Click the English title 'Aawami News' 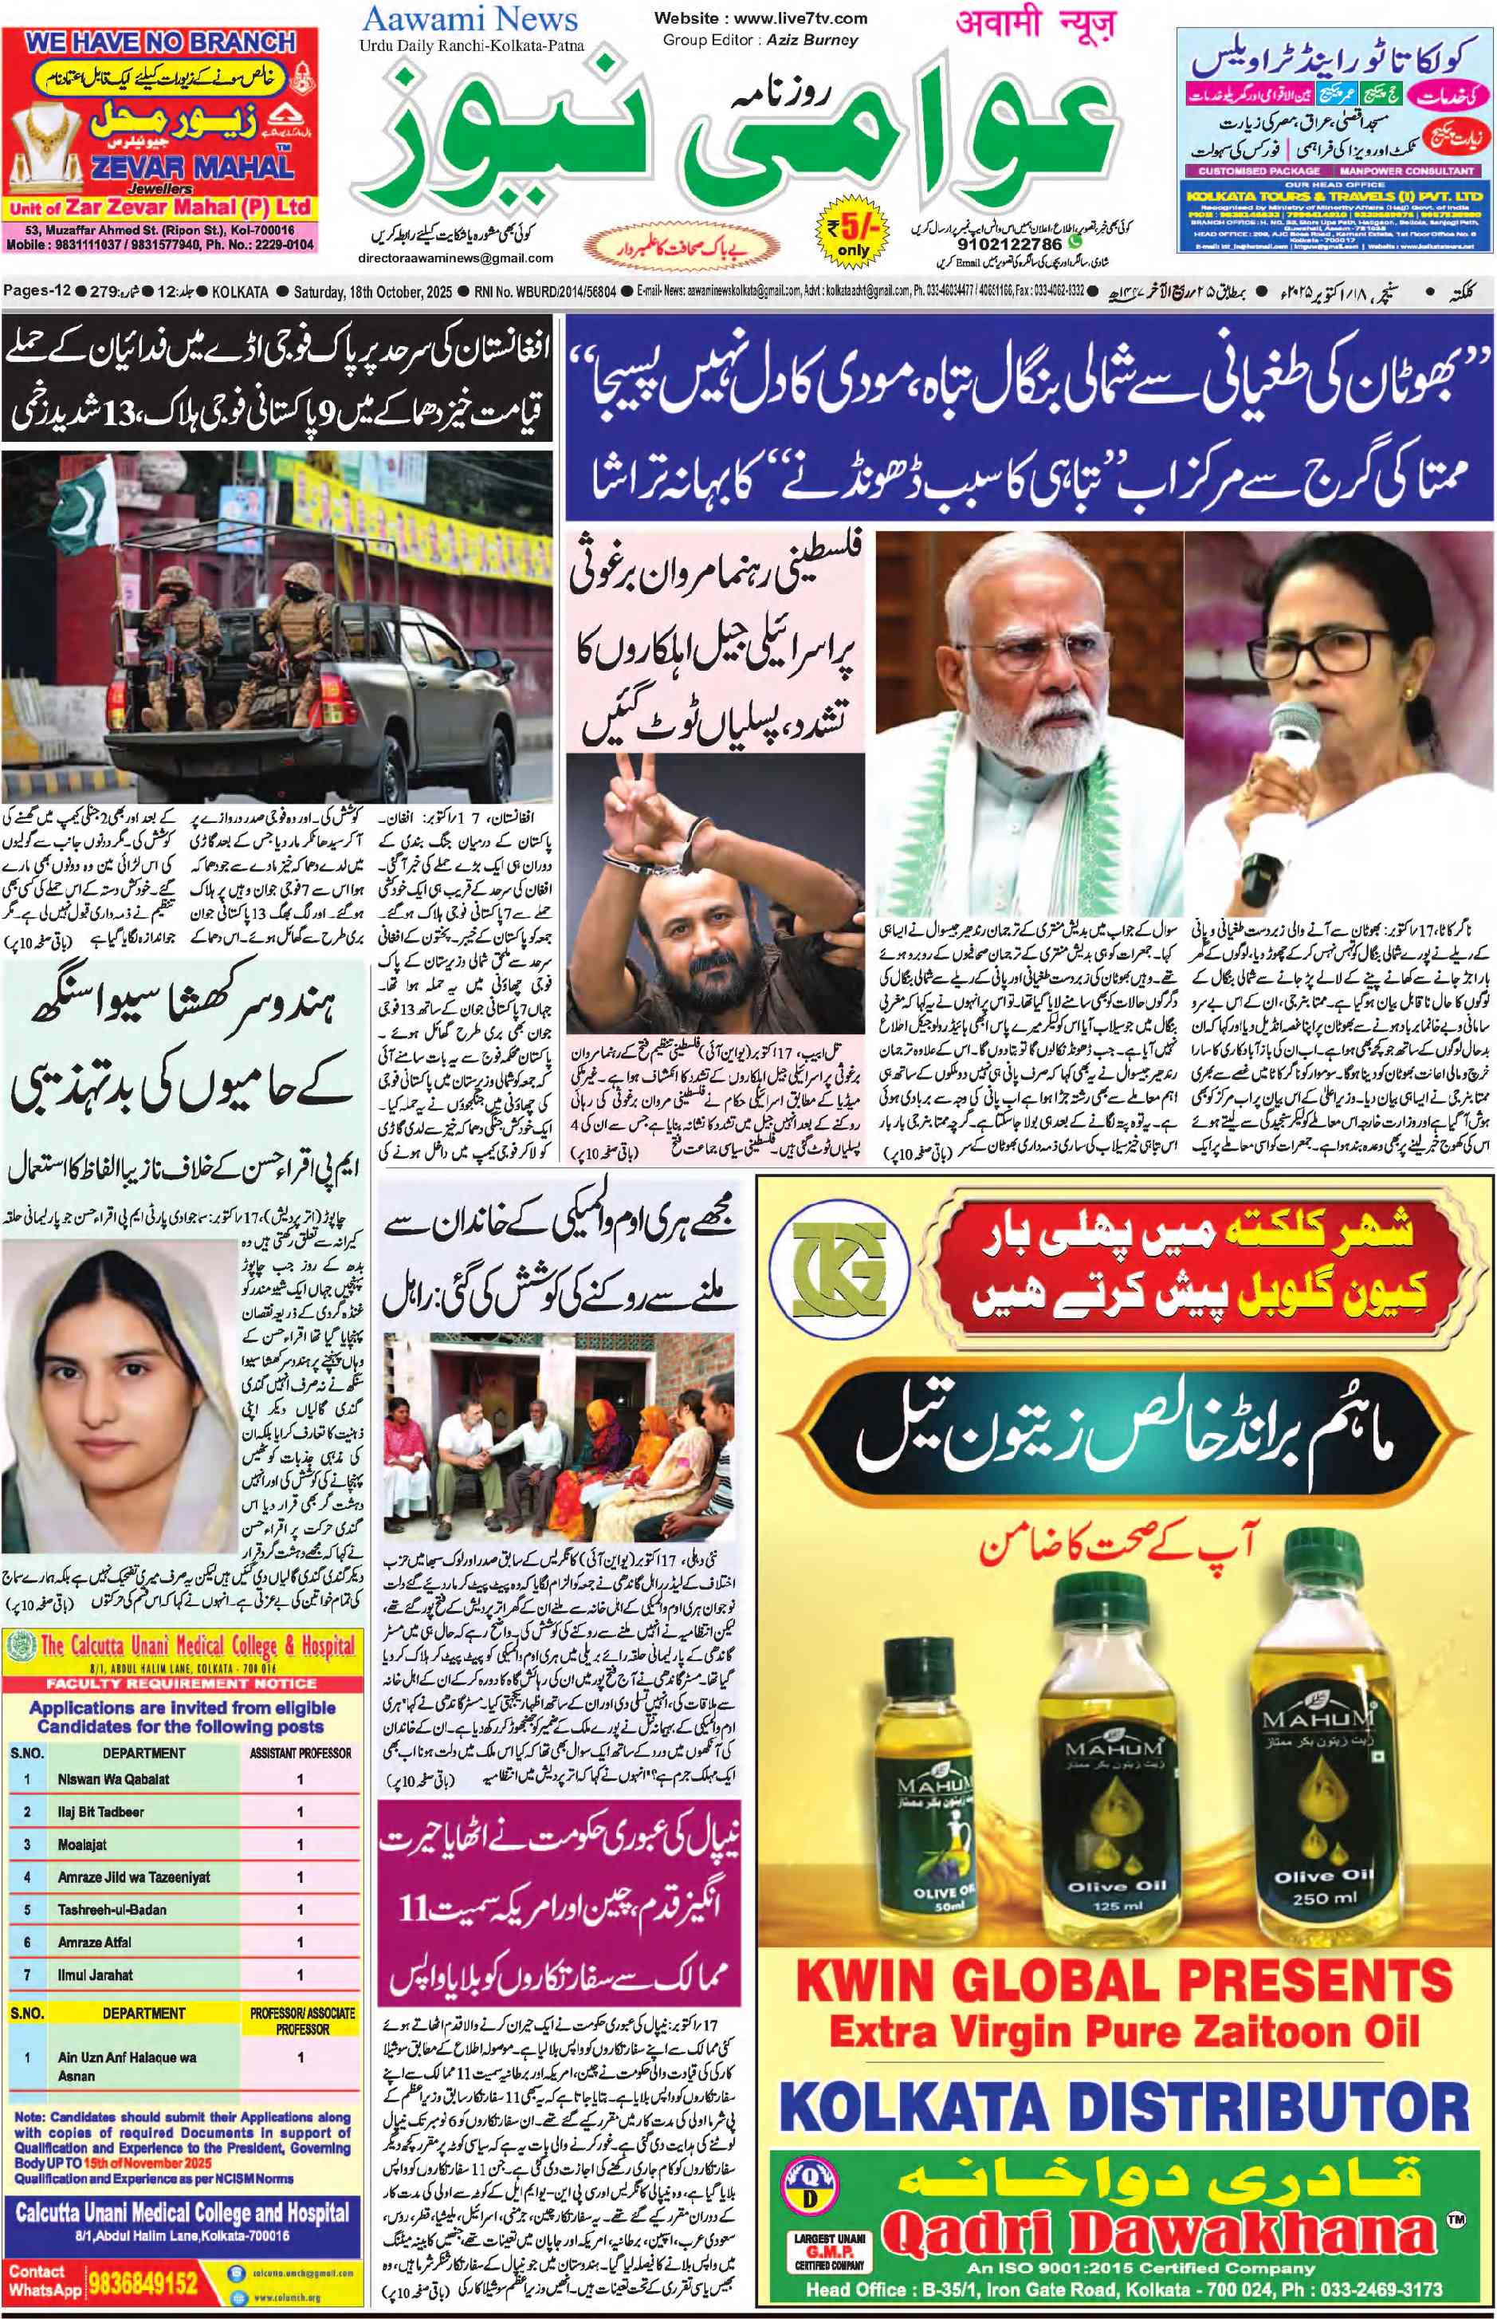[470, 18]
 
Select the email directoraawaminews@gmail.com [456, 258]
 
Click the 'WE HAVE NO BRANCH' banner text [160, 43]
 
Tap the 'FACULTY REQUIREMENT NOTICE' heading [181, 1683]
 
